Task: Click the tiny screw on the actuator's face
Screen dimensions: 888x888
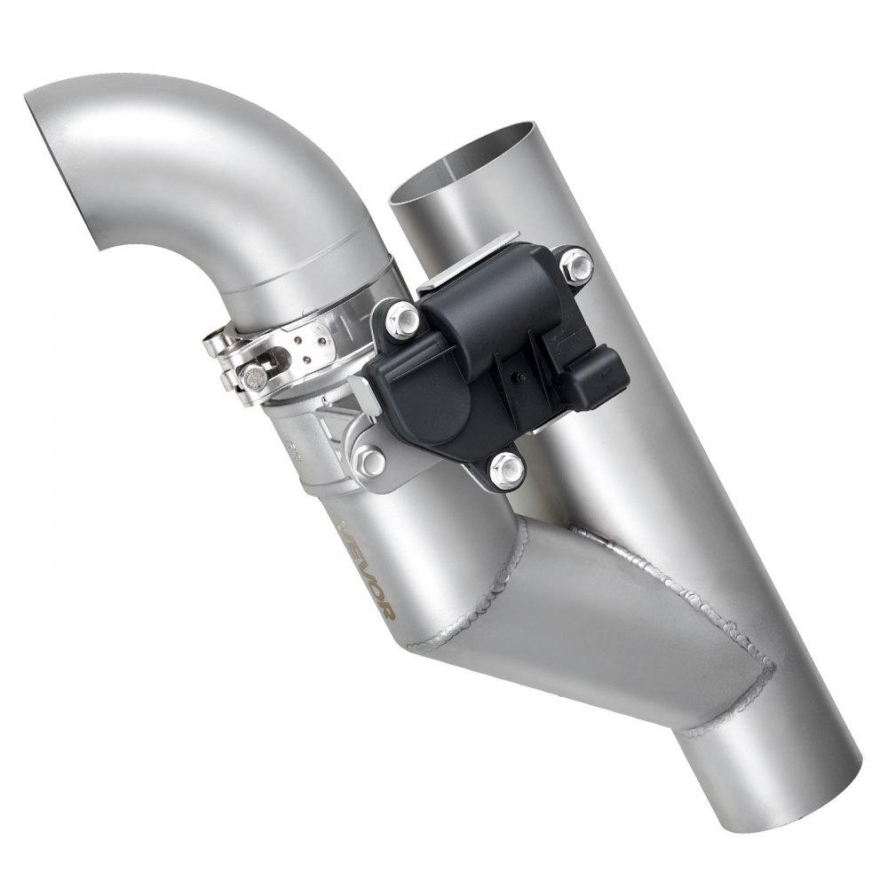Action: [517, 388]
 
